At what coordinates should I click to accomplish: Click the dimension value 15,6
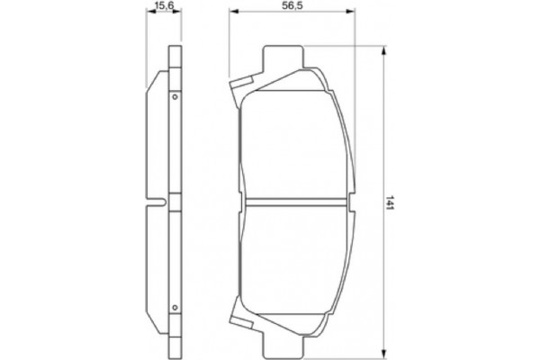coord(162,7)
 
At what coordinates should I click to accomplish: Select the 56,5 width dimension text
coord(290,7)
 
